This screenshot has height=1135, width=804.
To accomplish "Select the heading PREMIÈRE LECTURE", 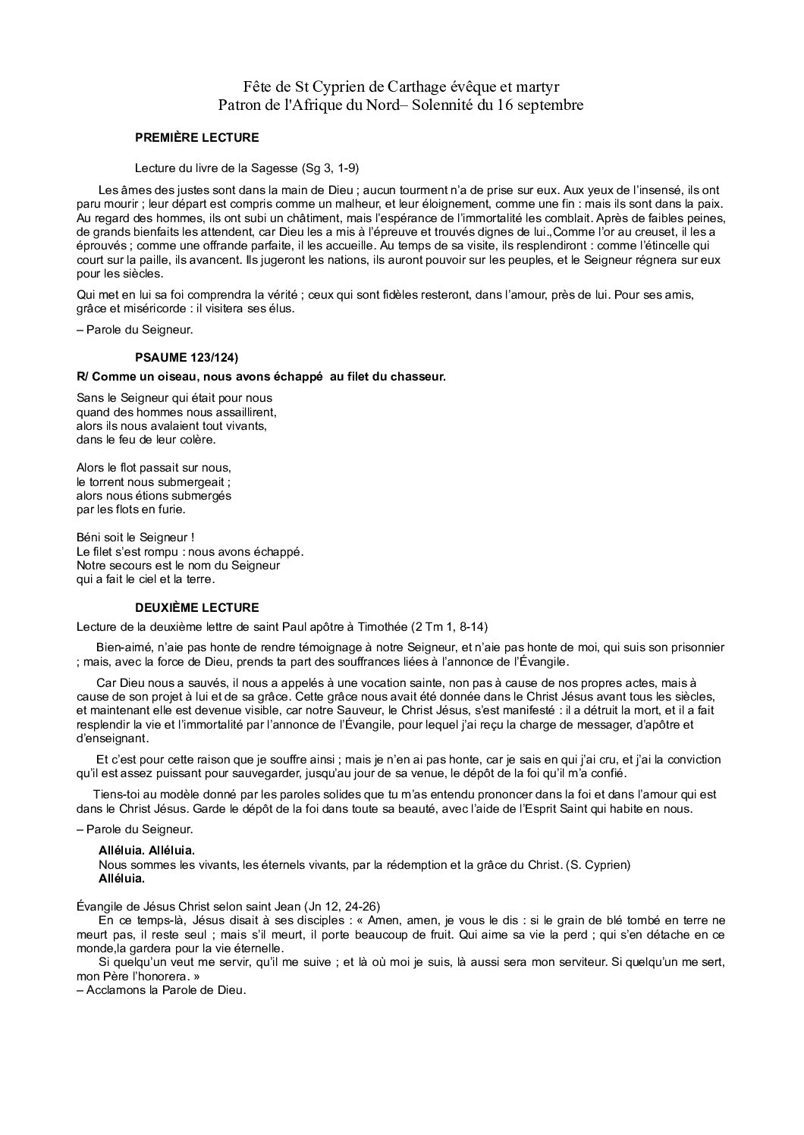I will coord(196,138).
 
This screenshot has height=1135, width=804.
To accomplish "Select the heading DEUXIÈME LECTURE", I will coord(196,607).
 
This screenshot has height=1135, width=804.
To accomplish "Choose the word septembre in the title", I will coord(551,105).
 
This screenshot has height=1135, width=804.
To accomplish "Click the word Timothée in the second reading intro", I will coord(382,626).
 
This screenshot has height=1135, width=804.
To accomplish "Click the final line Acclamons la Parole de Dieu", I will coord(162,990).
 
